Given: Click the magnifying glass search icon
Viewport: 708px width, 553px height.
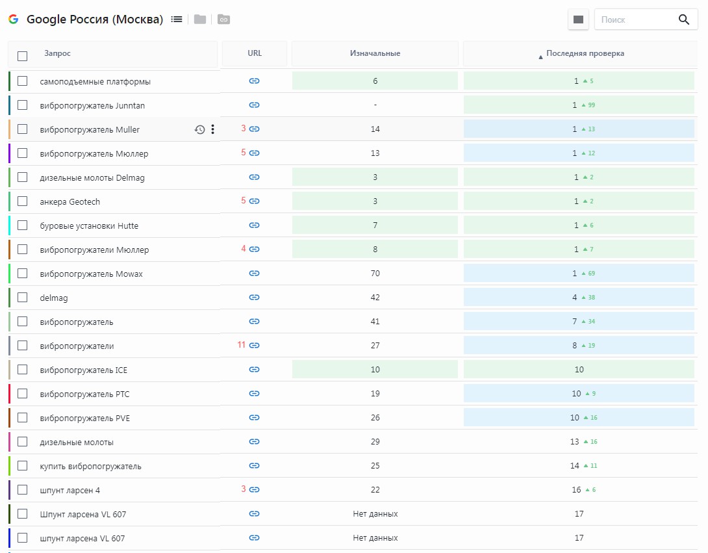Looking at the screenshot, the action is tap(683, 19).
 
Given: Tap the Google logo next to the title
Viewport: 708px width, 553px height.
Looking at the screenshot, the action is tap(14, 19).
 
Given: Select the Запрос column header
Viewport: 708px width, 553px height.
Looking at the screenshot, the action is tap(57, 53).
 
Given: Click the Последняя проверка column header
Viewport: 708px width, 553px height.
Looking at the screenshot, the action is tap(585, 53).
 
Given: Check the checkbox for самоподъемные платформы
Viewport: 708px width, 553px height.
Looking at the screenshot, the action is tap(22, 81).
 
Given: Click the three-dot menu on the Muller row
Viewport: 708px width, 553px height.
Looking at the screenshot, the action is tap(212, 129).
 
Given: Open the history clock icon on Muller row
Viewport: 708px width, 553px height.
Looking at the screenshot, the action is tap(199, 130).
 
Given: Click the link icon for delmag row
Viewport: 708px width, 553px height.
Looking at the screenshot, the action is tap(254, 297).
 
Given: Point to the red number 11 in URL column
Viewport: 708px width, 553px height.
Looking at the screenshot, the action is tap(242, 344).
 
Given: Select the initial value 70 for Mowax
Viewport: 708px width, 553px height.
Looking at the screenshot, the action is tap(375, 274).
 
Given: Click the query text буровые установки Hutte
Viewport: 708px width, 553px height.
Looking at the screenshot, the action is tap(89, 226).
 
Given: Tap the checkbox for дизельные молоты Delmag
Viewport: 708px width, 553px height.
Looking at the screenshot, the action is tap(22, 177).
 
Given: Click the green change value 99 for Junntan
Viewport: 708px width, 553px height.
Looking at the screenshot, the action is tap(592, 105).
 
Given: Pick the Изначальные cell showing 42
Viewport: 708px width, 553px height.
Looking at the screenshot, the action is tap(375, 297).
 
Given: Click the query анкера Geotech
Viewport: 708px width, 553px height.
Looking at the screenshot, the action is tap(70, 202).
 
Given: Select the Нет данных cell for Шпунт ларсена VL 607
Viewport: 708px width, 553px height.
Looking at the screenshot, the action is tap(375, 514).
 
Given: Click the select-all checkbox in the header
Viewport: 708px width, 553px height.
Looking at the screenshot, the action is tap(22, 56).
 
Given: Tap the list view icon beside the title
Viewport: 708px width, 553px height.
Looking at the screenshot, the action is tap(177, 19).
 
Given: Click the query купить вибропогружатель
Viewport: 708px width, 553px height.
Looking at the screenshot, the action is tap(90, 467).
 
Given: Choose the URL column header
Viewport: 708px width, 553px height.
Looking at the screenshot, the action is tap(255, 53).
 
